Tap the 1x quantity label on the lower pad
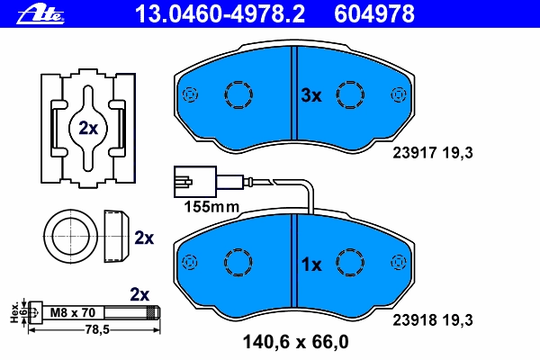(310, 265)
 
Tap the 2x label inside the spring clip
(87, 128)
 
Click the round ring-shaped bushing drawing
(67, 236)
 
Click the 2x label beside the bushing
(144, 238)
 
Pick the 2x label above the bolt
(139, 293)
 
